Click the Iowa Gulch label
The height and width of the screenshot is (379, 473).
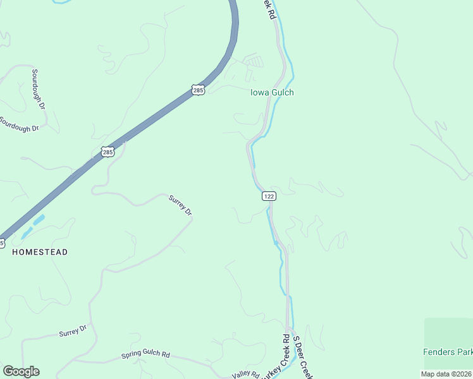272,92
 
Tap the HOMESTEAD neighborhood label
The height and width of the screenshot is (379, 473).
40,252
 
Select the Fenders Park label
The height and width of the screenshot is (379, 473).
448,351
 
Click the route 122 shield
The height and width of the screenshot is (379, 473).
269,196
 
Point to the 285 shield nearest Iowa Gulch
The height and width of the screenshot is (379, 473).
199,90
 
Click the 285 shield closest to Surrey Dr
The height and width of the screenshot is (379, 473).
107,152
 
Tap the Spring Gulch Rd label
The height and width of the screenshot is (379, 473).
145,355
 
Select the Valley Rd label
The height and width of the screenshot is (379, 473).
245,374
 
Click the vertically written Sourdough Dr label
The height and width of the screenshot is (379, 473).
39,88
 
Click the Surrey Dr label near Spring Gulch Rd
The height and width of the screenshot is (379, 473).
72,332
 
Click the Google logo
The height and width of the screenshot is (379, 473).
21,371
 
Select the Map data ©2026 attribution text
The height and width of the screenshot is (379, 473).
445,374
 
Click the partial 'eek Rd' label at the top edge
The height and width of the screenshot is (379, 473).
270,9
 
